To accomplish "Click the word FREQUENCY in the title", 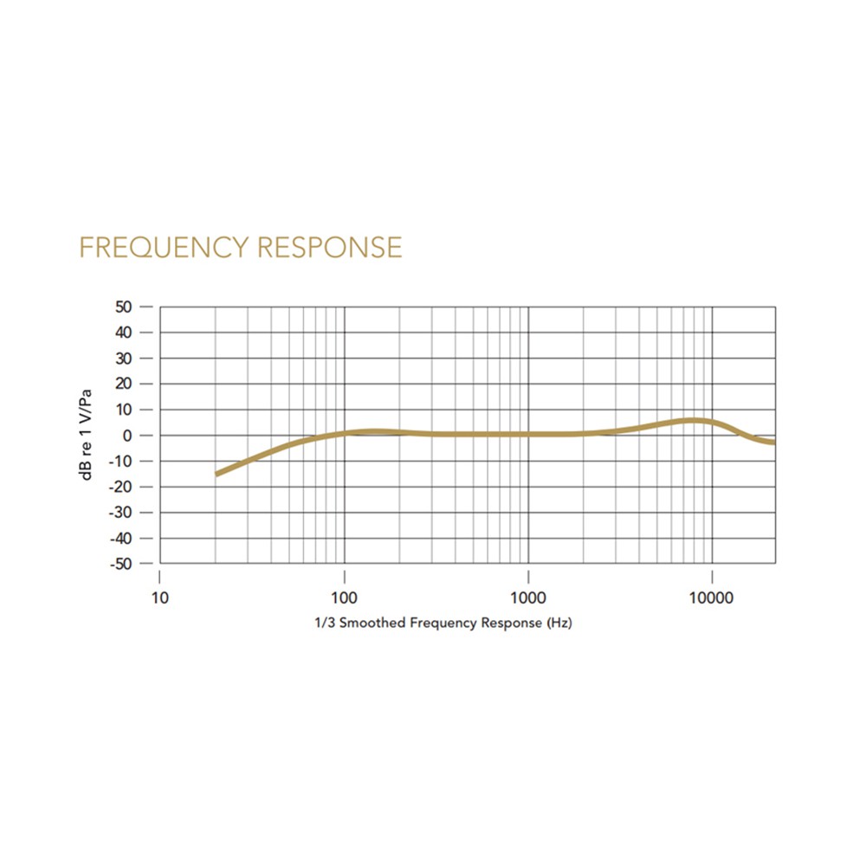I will pyautogui.click(x=164, y=248).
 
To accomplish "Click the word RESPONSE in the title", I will pyautogui.click(x=330, y=248).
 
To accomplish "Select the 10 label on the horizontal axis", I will pyautogui.click(x=160, y=598).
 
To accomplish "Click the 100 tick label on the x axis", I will pyautogui.click(x=345, y=598).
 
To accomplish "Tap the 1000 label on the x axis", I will pyautogui.click(x=528, y=598).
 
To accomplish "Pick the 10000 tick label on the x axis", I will pyautogui.click(x=712, y=598).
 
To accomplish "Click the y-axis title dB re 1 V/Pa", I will pyautogui.click(x=87, y=435).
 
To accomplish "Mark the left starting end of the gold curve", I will pyautogui.click(x=216, y=474).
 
